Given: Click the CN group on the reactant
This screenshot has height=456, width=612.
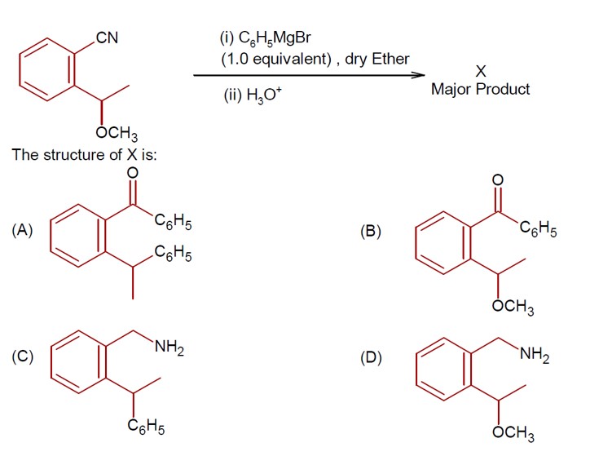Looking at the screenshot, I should pos(107,38).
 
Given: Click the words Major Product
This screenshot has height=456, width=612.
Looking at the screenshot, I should pos(481,89).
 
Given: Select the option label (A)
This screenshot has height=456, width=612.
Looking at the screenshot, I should pos(22,231).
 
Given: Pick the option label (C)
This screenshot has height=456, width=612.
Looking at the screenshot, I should pos(22,356).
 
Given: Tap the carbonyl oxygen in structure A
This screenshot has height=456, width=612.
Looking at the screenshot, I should pos(133,173).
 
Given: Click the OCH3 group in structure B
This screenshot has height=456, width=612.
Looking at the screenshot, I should pos(513,308).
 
